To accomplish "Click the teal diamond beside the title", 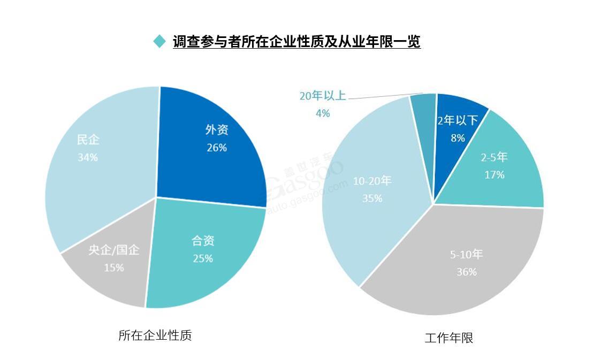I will pyautogui.click(x=159, y=41).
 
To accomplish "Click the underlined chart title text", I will pyautogui.click(x=296, y=41).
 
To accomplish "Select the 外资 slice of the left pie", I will pyautogui.click(x=214, y=160).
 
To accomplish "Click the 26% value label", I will pyautogui.click(x=217, y=147).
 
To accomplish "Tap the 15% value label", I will pyautogui.click(x=113, y=267).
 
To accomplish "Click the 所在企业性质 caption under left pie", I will pyautogui.click(x=155, y=335).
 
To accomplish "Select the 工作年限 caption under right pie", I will pyautogui.click(x=449, y=338).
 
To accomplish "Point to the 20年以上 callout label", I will pyautogui.click(x=322, y=96).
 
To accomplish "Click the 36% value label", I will pyautogui.click(x=466, y=272).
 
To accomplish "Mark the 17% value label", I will pyautogui.click(x=494, y=174).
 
